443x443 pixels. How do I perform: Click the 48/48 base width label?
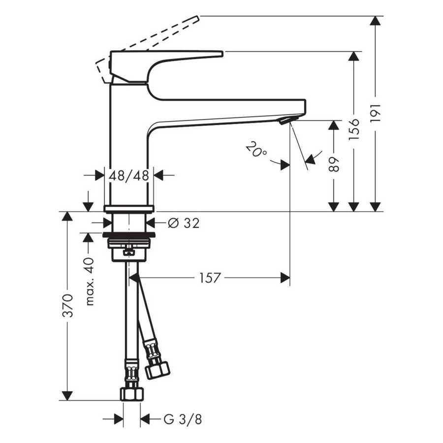coord(129,175)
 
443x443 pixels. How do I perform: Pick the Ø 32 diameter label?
coord(184,223)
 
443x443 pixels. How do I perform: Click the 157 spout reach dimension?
coord(210,278)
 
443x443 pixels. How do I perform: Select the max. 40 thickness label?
coord(89,282)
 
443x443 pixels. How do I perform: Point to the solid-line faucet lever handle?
coord(167,56)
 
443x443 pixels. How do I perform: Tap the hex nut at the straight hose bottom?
coord(131,393)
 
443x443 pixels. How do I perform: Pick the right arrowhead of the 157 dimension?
coord(285,278)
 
